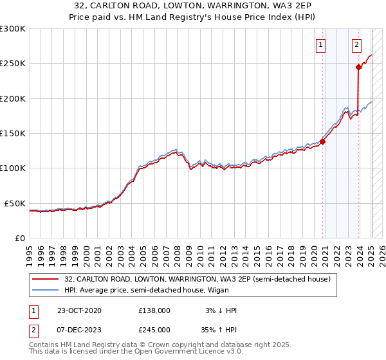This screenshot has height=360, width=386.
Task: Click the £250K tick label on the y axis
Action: point(12,64)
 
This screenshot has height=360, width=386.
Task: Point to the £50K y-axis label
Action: point(15,203)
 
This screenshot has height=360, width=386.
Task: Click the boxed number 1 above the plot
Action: point(320,44)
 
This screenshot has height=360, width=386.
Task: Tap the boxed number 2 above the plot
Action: point(356,44)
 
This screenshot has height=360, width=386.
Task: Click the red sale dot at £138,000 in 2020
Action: point(322,142)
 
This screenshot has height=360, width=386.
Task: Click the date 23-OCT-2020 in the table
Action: point(79,310)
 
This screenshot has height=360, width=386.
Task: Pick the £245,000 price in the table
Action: point(154,330)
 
